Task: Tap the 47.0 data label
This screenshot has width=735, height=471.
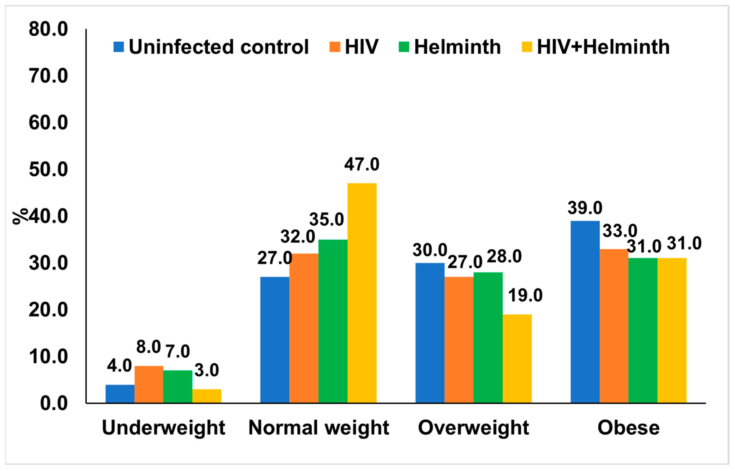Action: [362, 165]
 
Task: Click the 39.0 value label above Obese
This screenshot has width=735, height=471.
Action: [584, 208]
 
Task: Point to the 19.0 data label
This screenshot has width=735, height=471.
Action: [525, 296]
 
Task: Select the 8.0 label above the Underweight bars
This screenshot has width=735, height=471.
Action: [148, 347]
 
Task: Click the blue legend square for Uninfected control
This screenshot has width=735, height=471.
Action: [118, 47]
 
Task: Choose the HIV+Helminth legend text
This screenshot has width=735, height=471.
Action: [603, 47]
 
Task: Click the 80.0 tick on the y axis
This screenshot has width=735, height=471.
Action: [48, 30]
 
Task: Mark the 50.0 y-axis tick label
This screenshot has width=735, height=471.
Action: [48, 170]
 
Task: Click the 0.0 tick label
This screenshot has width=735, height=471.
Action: [54, 403]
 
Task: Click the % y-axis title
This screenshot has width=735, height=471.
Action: [20, 217]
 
